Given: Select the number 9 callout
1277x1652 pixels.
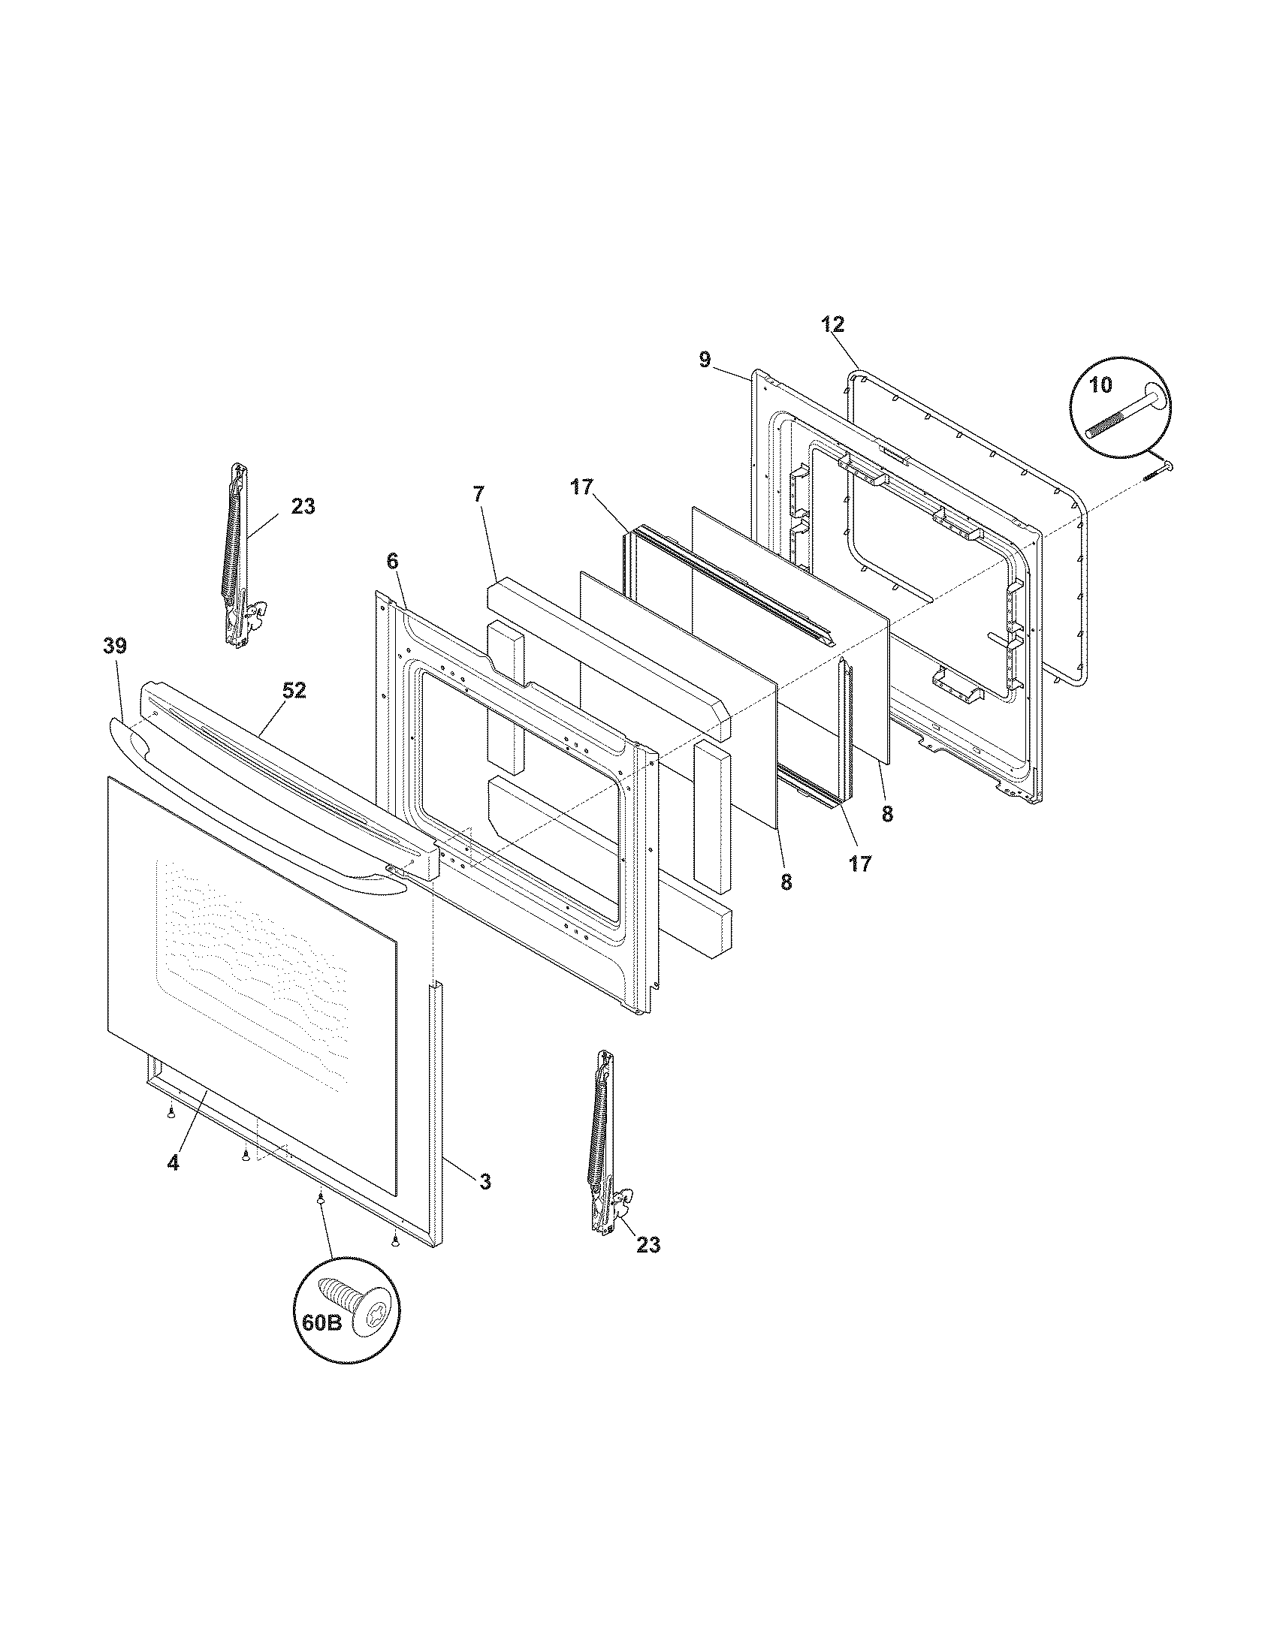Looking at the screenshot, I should click(705, 359).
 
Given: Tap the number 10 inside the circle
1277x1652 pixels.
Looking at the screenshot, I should click(1101, 385).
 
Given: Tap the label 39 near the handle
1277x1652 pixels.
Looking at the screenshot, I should click(115, 647).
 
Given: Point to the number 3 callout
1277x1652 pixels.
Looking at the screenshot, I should click(485, 1180).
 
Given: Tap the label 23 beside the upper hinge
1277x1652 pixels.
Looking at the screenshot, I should click(303, 506).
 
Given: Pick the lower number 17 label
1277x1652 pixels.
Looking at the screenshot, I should click(860, 863).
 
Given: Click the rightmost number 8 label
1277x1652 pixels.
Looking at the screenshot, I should click(886, 814).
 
